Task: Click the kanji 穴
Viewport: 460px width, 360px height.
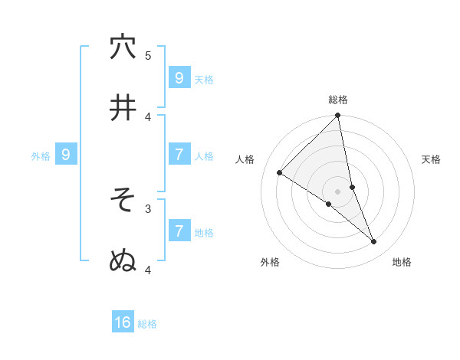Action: coord(123,47)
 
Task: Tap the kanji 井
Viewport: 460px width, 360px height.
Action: coord(123,108)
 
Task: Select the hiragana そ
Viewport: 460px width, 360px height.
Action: coord(123,200)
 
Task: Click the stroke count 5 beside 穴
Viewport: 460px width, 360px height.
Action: coord(148,55)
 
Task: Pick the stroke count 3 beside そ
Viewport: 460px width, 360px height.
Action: coord(148,208)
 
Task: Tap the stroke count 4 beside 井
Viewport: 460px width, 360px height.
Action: coord(148,116)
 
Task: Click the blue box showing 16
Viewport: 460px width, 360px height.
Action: coord(123,322)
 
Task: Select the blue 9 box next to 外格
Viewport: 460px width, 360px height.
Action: coord(66,155)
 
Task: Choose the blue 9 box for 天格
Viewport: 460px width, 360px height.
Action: coord(179,77)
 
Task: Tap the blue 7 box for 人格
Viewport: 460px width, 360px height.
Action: coord(179,155)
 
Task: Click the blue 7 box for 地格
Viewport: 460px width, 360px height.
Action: coord(179,231)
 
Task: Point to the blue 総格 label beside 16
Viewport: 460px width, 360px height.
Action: coord(147,324)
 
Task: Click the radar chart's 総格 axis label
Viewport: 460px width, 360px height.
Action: coord(338,100)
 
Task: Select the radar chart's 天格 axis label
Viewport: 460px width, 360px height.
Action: coord(432,159)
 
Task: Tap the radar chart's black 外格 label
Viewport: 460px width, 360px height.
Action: coord(270,262)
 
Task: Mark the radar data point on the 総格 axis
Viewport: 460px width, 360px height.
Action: coord(338,116)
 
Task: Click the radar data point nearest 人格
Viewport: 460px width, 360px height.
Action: coord(280,173)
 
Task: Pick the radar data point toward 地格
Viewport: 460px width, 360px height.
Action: coord(374,242)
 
